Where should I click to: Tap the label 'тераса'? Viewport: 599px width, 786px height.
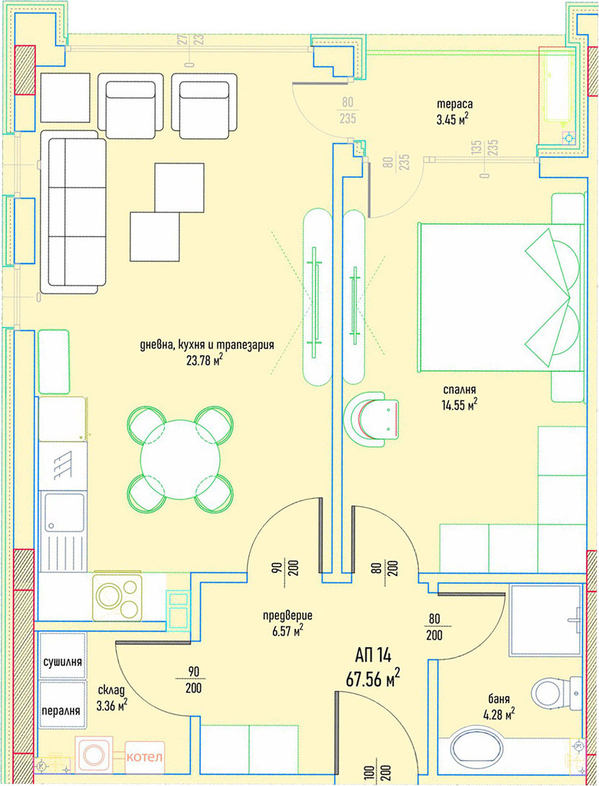click(x=454, y=104)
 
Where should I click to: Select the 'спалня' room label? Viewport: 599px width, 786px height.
click(x=459, y=390)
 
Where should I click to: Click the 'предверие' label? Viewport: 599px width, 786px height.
click(x=287, y=616)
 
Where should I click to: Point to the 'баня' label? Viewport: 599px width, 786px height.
click(x=499, y=698)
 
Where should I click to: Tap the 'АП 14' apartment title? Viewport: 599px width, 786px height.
click(x=373, y=655)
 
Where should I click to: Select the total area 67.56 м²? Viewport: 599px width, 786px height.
click(x=373, y=678)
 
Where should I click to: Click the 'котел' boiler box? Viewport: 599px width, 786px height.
click(x=145, y=756)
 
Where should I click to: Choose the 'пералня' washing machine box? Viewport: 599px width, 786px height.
click(x=63, y=705)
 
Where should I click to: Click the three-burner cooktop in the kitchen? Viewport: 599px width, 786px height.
click(x=118, y=597)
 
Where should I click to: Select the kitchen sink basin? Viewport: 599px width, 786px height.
click(x=65, y=512)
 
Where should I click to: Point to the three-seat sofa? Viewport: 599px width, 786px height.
click(x=73, y=212)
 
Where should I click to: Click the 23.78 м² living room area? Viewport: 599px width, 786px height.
click(x=204, y=360)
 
